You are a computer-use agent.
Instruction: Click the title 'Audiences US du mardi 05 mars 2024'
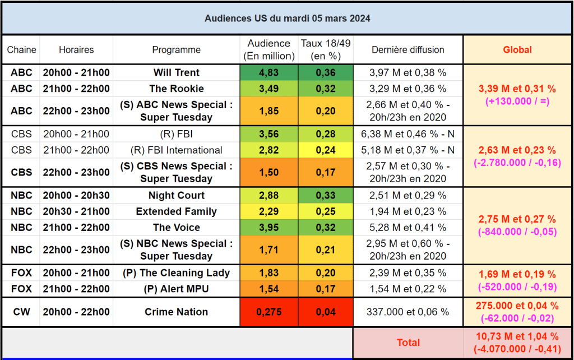287,19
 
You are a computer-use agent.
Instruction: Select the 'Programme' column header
176,50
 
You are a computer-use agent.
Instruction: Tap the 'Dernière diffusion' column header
408,50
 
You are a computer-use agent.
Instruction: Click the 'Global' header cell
517,50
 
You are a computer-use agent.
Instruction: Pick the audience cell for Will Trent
269,73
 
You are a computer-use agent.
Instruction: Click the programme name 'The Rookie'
176,89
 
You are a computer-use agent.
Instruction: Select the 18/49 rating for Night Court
325,196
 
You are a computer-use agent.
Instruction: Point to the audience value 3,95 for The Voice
269,228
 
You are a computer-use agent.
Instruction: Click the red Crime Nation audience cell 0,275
269,312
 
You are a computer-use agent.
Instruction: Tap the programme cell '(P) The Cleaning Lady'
176,273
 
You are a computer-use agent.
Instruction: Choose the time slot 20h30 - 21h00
76,211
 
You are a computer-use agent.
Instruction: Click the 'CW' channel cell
21,312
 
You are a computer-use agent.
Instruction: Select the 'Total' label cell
408,342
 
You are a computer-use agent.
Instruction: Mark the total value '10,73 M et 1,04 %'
517,336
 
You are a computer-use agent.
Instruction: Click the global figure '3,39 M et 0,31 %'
517,89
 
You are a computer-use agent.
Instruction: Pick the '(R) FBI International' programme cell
176,150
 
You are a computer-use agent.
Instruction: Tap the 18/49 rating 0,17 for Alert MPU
325,289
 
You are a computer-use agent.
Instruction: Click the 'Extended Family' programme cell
176,211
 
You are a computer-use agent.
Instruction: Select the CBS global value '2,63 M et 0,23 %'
517,150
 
